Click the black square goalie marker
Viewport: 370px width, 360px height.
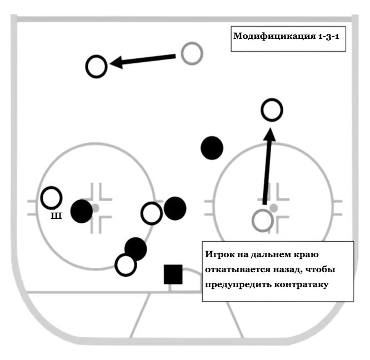[173, 274]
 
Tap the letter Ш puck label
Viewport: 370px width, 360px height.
[56, 216]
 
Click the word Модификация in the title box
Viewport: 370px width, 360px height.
[274, 36]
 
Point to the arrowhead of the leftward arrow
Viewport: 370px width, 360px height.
[116, 62]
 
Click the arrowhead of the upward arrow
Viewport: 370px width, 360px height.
[270, 134]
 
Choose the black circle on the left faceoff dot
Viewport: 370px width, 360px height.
[82, 211]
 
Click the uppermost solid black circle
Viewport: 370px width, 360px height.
[212, 148]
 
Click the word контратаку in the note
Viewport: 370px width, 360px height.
[301, 284]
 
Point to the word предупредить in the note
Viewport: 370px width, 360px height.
[238, 284]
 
